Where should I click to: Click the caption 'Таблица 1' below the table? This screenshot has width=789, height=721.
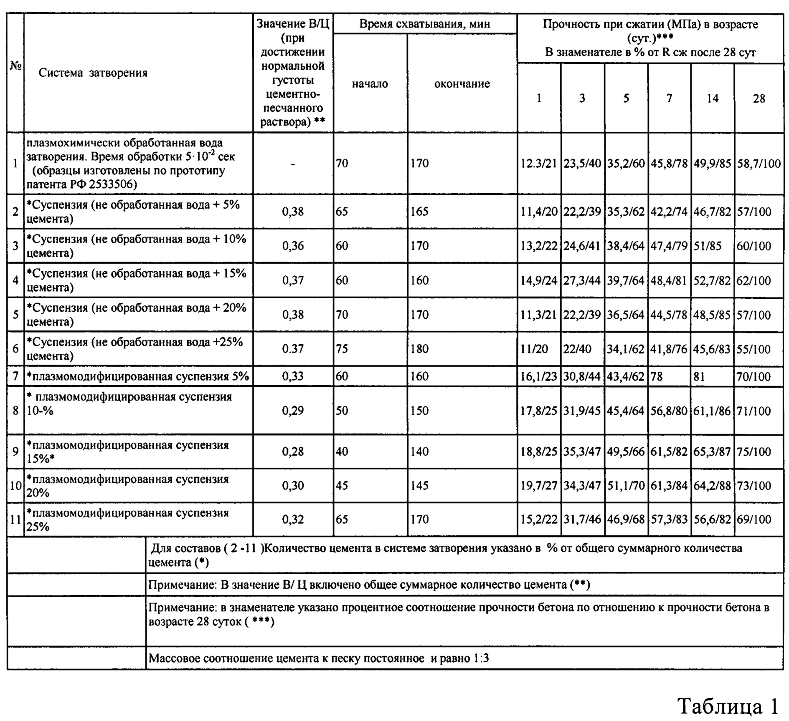tap(728, 705)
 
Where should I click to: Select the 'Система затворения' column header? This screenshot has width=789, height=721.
tap(93, 73)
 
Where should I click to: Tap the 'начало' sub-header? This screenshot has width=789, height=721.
tap(370, 84)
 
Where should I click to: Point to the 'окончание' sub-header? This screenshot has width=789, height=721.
tap(462, 84)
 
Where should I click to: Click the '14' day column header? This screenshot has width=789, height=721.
tap(713, 98)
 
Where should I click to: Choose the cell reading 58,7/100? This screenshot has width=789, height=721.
tap(759, 164)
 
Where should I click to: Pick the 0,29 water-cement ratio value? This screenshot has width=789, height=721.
tap(293, 411)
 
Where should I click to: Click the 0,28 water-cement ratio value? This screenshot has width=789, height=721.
tap(293, 451)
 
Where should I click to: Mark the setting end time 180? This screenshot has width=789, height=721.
tap(419, 349)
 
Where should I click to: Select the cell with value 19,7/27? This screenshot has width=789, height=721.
tap(539, 486)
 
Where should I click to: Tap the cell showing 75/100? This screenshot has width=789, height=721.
tap(754, 451)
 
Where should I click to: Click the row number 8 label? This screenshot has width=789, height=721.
tap(15, 411)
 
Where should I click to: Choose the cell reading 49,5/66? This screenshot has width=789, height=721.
tap(626, 451)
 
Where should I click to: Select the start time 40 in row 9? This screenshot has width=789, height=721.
tap(342, 451)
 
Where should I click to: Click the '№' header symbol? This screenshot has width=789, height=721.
tap(15, 66)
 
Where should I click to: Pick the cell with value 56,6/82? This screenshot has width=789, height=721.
tap(713, 519)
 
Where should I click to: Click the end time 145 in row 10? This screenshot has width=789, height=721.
tap(419, 486)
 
